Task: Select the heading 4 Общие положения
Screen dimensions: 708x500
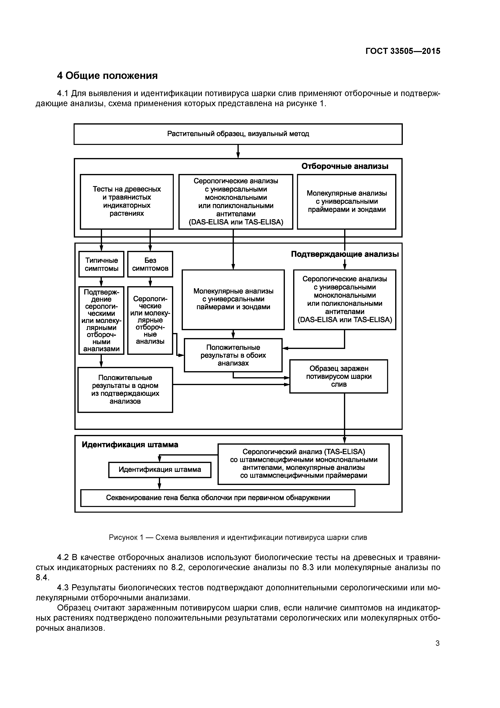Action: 107,75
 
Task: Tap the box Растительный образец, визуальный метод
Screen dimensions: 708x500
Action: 238,134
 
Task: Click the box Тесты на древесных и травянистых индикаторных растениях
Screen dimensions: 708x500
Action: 127,201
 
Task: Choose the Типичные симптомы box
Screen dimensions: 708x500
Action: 101,264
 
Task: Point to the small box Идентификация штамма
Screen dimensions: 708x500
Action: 160,470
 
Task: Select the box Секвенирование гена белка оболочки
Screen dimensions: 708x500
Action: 218,498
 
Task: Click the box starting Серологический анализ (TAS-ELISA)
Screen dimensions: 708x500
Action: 303,464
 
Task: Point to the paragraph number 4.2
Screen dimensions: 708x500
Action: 63,557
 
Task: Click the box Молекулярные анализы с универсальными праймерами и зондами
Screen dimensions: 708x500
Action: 347,201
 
